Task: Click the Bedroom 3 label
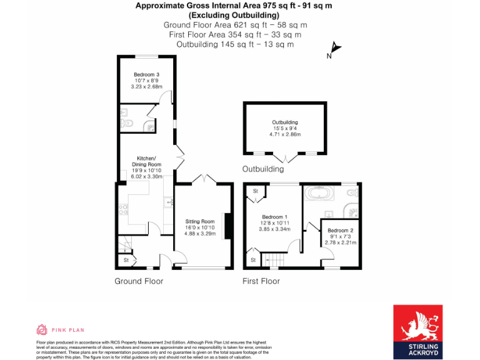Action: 146,74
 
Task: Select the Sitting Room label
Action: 199,221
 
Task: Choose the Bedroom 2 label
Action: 341,231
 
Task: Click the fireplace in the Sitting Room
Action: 228,225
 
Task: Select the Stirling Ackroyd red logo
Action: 417,332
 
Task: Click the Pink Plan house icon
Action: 42,329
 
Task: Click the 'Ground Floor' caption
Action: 139,281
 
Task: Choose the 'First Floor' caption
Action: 261,281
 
